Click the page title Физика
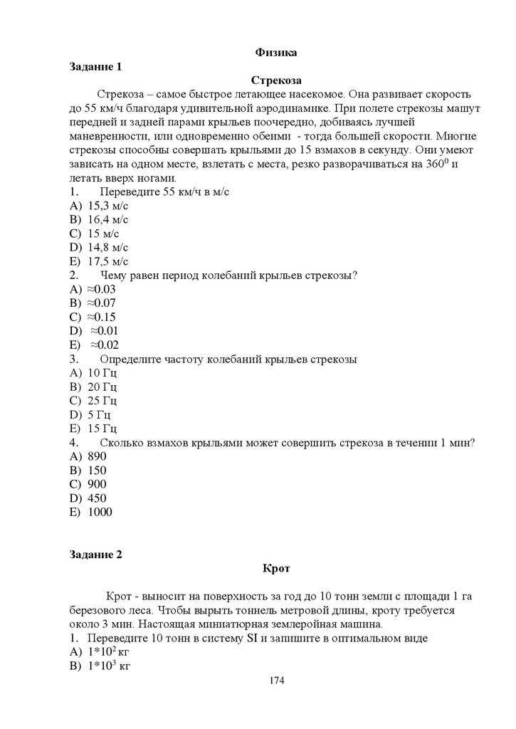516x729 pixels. coord(275,52)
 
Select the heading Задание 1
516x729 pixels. coord(96,66)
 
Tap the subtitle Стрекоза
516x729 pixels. coord(276,80)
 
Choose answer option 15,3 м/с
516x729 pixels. coord(107,206)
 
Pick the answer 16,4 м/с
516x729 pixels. coord(107,219)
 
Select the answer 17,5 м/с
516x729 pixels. coord(107,261)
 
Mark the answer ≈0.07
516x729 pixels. coord(101,303)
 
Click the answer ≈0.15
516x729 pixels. coord(101,317)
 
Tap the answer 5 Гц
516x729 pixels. coord(99,414)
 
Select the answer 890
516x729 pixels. coord(97,456)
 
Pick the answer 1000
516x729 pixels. coord(100,512)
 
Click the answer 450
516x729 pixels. coord(97,498)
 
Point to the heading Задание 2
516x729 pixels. coord(96,555)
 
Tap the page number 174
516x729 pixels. coord(277,681)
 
